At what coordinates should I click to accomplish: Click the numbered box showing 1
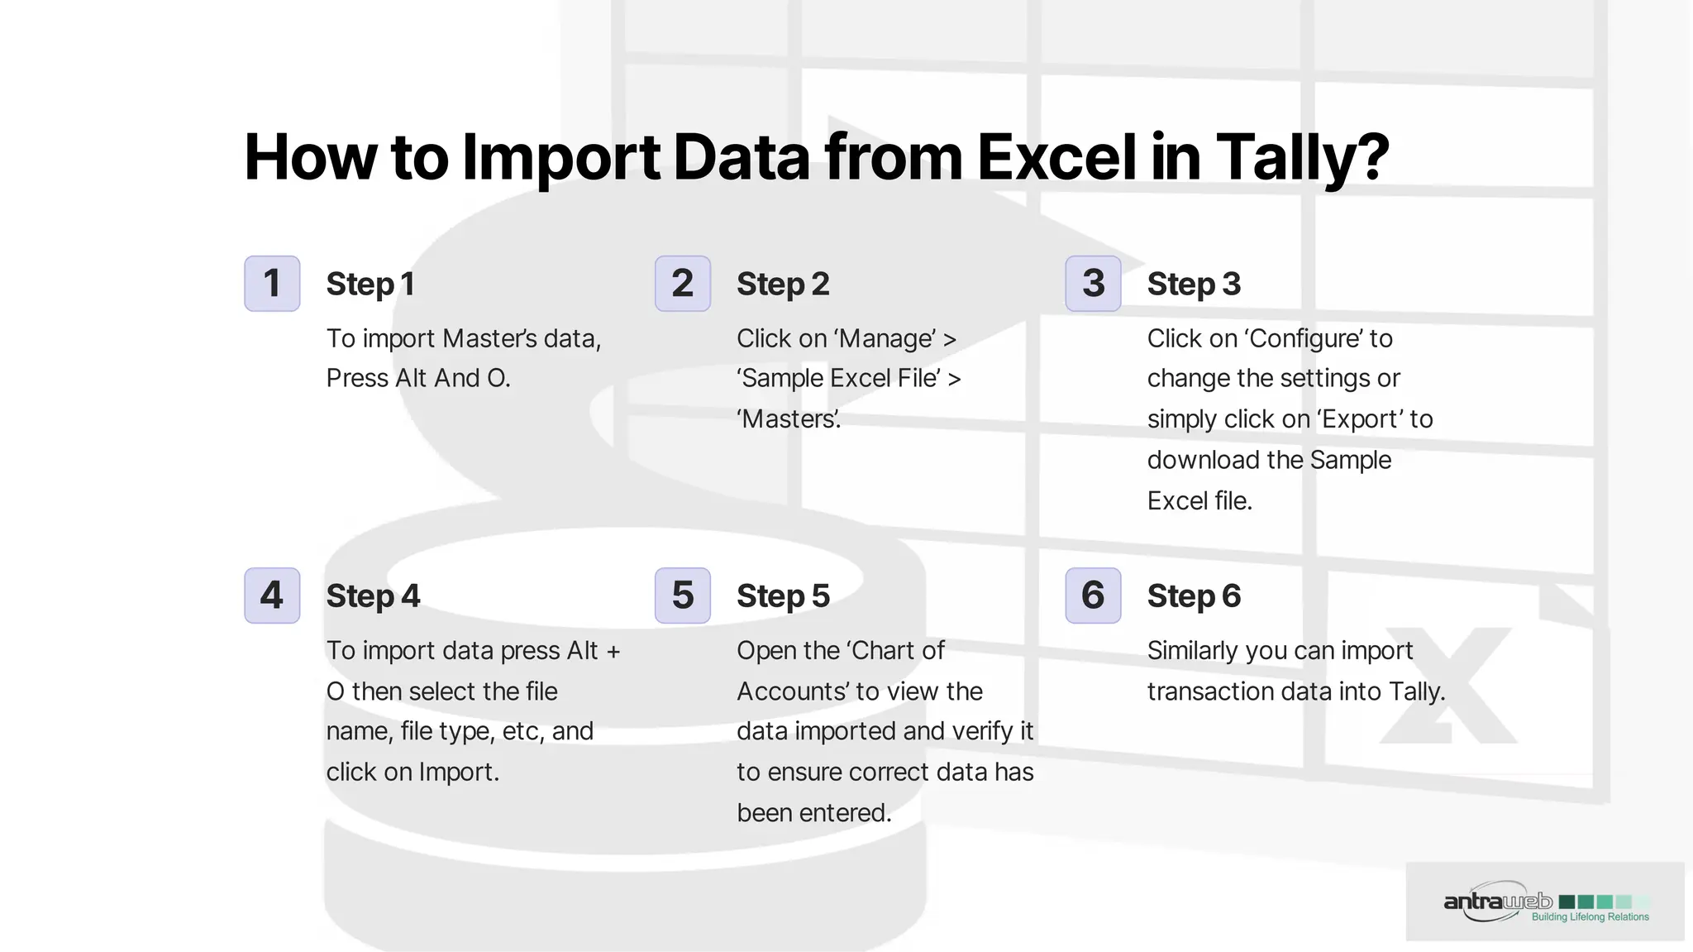[x=272, y=284]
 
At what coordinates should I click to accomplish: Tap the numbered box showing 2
[x=682, y=284]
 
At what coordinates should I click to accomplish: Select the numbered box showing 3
[x=1093, y=284]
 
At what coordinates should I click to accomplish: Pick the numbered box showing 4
[x=272, y=596]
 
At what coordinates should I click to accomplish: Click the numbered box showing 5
[x=682, y=596]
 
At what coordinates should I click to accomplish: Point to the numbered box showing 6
[x=1093, y=596]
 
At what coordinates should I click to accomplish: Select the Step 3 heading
[x=1194, y=285]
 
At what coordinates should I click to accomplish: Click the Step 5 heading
[x=783, y=596]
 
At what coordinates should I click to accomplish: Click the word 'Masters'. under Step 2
[x=789, y=419]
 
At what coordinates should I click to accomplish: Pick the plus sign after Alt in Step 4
[x=613, y=651]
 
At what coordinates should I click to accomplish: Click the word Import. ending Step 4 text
[x=459, y=773]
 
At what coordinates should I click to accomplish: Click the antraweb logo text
[x=1498, y=902]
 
